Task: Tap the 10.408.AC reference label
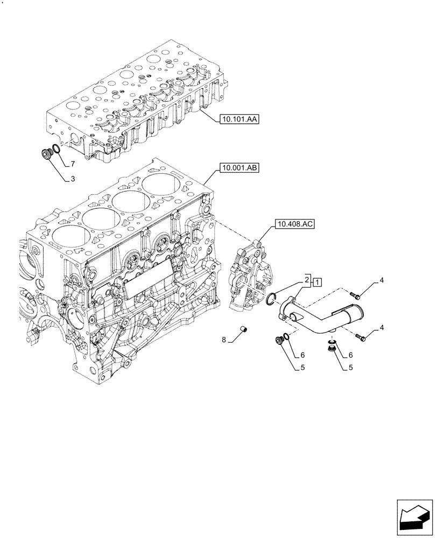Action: click(294, 223)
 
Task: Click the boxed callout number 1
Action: click(317, 282)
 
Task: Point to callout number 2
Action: click(307, 280)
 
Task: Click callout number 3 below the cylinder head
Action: click(72, 180)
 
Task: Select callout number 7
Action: click(72, 163)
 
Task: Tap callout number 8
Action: click(224, 339)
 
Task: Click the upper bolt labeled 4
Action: click(354, 295)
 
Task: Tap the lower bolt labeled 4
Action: click(360, 337)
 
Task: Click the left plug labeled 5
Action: click(279, 341)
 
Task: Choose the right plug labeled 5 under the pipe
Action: click(333, 351)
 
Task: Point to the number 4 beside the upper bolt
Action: click(381, 280)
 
